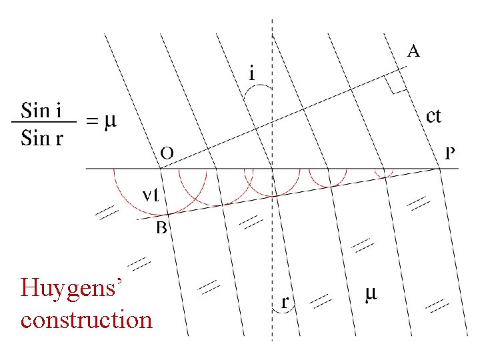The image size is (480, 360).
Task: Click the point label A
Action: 413,51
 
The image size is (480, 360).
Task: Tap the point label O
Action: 167,153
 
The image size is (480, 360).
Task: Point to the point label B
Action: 161,229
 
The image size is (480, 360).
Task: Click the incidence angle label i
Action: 251,73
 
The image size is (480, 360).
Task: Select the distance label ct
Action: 433,116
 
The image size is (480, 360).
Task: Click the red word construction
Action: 87,319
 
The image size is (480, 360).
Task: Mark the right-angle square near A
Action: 398,85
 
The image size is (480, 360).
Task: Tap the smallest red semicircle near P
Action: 383,174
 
